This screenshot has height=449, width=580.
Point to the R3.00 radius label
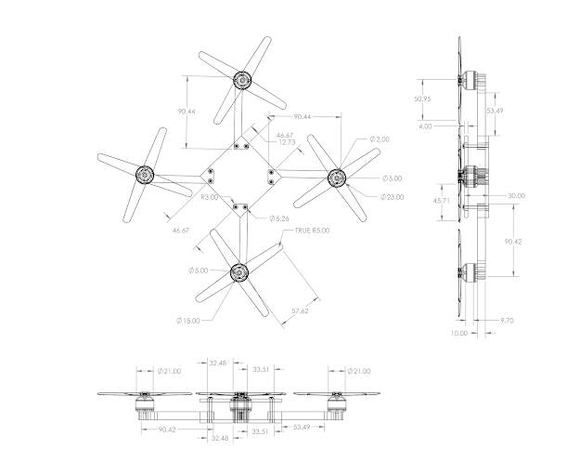[x=209, y=197]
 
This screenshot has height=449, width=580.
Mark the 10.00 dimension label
[x=458, y=332]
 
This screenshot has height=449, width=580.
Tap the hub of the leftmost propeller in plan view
[x=145, y=173]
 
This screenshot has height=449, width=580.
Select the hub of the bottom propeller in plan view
[x=238, y=271]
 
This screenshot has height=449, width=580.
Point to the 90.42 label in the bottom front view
[x=167, y=430]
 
